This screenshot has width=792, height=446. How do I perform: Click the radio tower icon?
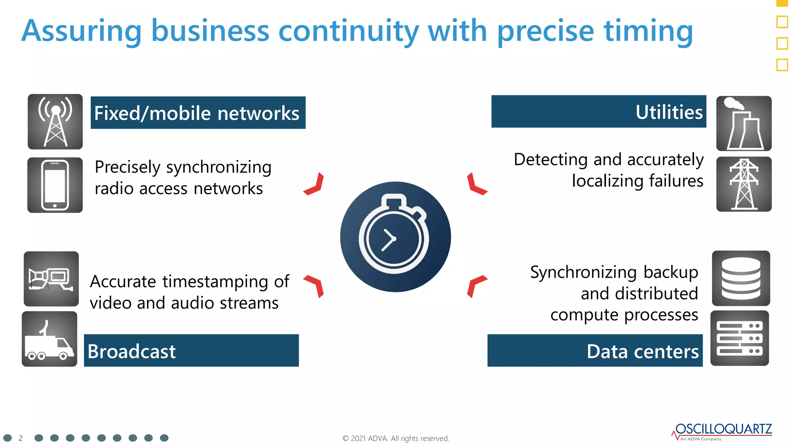coord(55,122)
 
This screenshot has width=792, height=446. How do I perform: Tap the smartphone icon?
coord(55,185)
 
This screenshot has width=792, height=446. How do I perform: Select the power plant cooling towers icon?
coord(744,124)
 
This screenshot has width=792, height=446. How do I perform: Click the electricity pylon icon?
coord(744,184)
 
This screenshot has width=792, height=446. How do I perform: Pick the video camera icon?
coord(51,279)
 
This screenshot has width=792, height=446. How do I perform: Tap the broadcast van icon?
coord(49,339)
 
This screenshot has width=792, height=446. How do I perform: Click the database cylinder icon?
coord(741,278)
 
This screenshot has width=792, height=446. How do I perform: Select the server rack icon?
coord(739,338)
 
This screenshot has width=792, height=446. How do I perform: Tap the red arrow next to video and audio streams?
coord(315,286)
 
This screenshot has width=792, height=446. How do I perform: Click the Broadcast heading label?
coord(131,351)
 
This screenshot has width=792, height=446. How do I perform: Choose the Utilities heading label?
coord(669,112)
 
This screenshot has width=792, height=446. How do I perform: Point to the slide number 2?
coord(20,438)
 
